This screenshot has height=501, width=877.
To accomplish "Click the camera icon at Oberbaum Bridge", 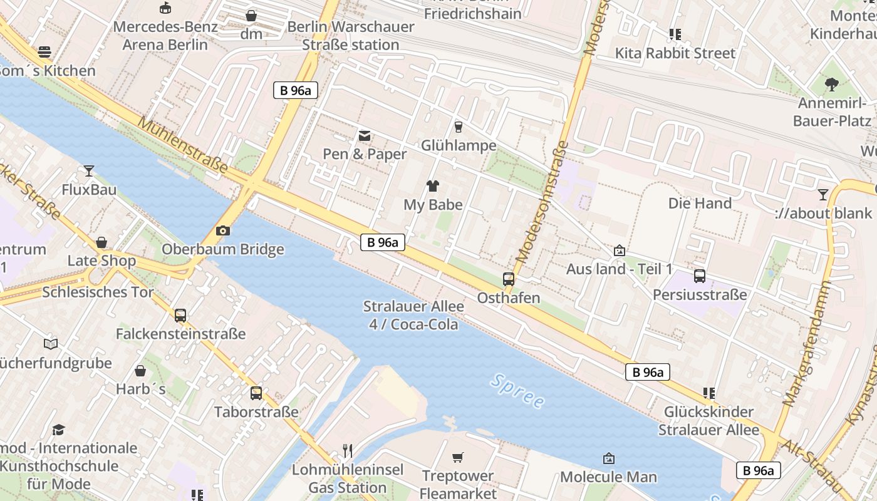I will pos(222,230).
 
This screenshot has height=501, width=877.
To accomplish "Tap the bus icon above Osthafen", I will pos(509,279).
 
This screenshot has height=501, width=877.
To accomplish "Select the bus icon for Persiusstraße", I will pos(700,276).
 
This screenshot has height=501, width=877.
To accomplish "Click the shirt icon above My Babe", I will pos(432,185).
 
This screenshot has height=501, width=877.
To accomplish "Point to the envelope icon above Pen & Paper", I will pos(365,135).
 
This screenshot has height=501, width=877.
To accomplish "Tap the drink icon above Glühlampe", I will pos(459,127).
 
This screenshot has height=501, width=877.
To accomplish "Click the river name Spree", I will pos(517,391).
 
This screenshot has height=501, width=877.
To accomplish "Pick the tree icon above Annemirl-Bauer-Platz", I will pos(832,84).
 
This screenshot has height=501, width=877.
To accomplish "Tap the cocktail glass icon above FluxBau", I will pos(89,170).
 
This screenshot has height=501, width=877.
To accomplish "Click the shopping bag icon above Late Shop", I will pos(101,242).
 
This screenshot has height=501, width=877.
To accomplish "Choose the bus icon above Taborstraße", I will pos(256,393).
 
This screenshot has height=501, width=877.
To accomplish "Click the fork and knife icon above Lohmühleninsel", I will pos(348,450).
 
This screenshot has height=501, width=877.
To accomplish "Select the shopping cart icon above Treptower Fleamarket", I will pos(458,457).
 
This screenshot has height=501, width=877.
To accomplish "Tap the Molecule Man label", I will pos(608,477).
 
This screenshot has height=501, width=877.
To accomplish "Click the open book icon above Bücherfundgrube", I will pos(51,344).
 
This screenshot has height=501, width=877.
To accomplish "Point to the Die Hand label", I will pos(700,203).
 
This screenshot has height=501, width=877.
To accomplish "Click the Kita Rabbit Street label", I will pos(675,53).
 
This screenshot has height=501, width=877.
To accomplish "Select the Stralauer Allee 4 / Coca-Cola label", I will pos(413,315).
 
